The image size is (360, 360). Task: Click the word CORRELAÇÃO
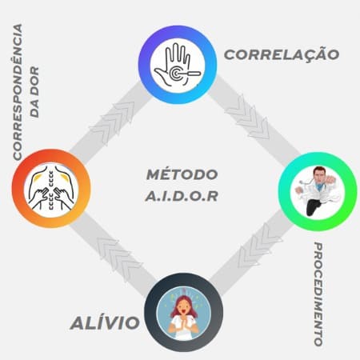coord(282,54)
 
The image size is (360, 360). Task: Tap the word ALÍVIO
coord(105,322)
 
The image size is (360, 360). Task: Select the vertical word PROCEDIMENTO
coord(318,294)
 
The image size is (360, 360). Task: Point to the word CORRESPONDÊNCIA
coord(18,92)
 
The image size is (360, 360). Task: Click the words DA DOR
coord(34,92)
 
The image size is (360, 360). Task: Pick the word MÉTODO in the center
coord(182,174)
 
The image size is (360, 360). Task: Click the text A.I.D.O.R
coord(182,196)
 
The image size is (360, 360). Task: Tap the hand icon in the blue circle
coord(177,65)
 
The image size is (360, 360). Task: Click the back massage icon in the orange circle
coord(51,188)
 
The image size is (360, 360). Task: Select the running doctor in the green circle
coord(318,190)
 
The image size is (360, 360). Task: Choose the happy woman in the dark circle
coord(184,317)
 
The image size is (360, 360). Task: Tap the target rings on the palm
coord(175,73)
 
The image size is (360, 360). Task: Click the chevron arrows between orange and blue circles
coord(114,122)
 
